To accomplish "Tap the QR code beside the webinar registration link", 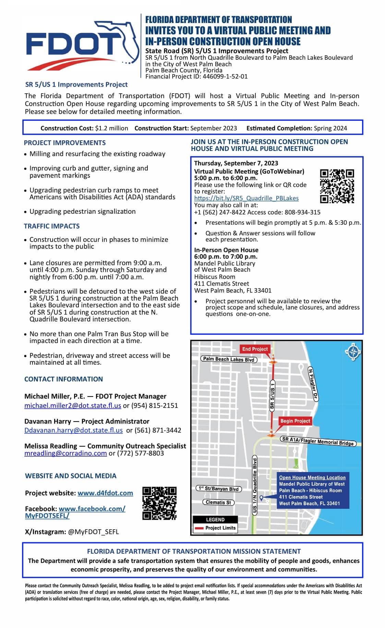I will [337, 186].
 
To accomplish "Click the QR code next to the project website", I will [159, 503].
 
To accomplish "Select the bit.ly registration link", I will [246, 198].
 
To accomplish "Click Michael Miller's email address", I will [73, 405].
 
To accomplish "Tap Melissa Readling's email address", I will [65, 453].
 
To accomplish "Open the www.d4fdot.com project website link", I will [105, 493].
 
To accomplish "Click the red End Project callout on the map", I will [255, 349].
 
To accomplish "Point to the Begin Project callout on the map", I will [295, 421].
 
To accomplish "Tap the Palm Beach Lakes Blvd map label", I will [229, 359].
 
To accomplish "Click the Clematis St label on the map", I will [218, 502].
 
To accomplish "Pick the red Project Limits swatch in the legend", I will [199, 528].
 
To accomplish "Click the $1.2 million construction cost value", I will [111, 128].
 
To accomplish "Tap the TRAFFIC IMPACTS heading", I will [52, 226].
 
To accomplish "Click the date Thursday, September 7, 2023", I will [236, 163].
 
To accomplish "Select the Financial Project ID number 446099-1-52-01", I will [225, 76].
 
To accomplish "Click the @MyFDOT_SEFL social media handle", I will [93, 532].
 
